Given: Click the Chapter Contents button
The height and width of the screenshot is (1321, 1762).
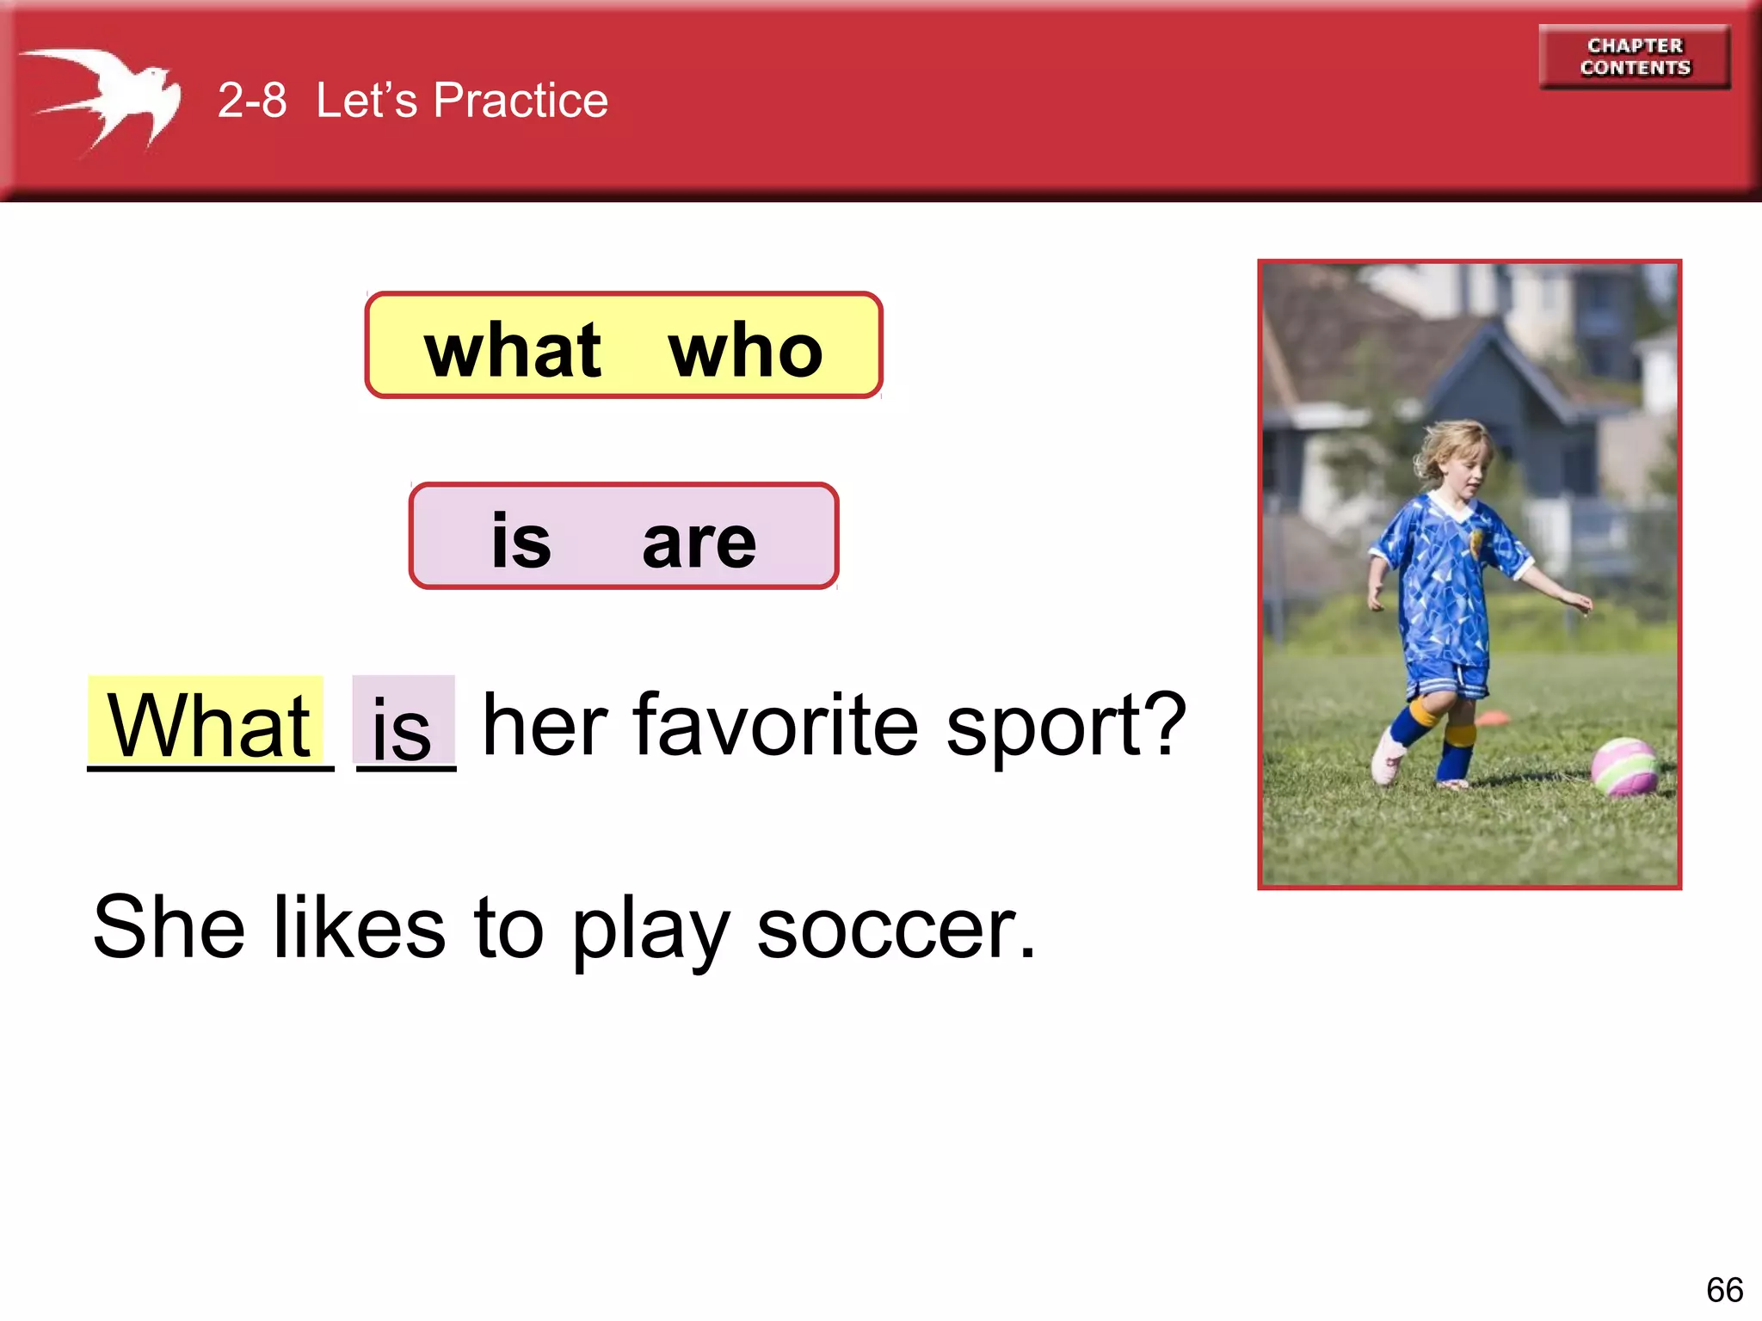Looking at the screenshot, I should click(1635, 57).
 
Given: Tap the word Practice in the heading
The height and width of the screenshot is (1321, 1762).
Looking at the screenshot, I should click(521, 101).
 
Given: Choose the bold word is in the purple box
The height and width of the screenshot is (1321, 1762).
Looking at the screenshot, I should click(521, 541).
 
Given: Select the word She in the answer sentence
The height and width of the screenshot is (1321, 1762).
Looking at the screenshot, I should click(169, 927).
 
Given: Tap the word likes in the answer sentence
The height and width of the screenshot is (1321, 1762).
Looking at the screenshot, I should click(360, 927).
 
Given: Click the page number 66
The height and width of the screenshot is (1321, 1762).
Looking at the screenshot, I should click(1724, 1290).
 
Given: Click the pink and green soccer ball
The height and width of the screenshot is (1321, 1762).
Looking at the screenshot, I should click(1624, 765).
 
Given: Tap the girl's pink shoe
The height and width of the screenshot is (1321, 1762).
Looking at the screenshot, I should click(1387, 757).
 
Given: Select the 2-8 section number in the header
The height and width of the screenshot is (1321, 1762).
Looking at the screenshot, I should click(251, 101).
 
